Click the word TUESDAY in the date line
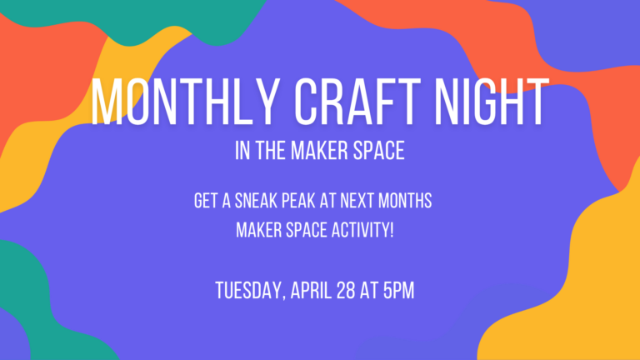pyautogui.click(x=248, y=291)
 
